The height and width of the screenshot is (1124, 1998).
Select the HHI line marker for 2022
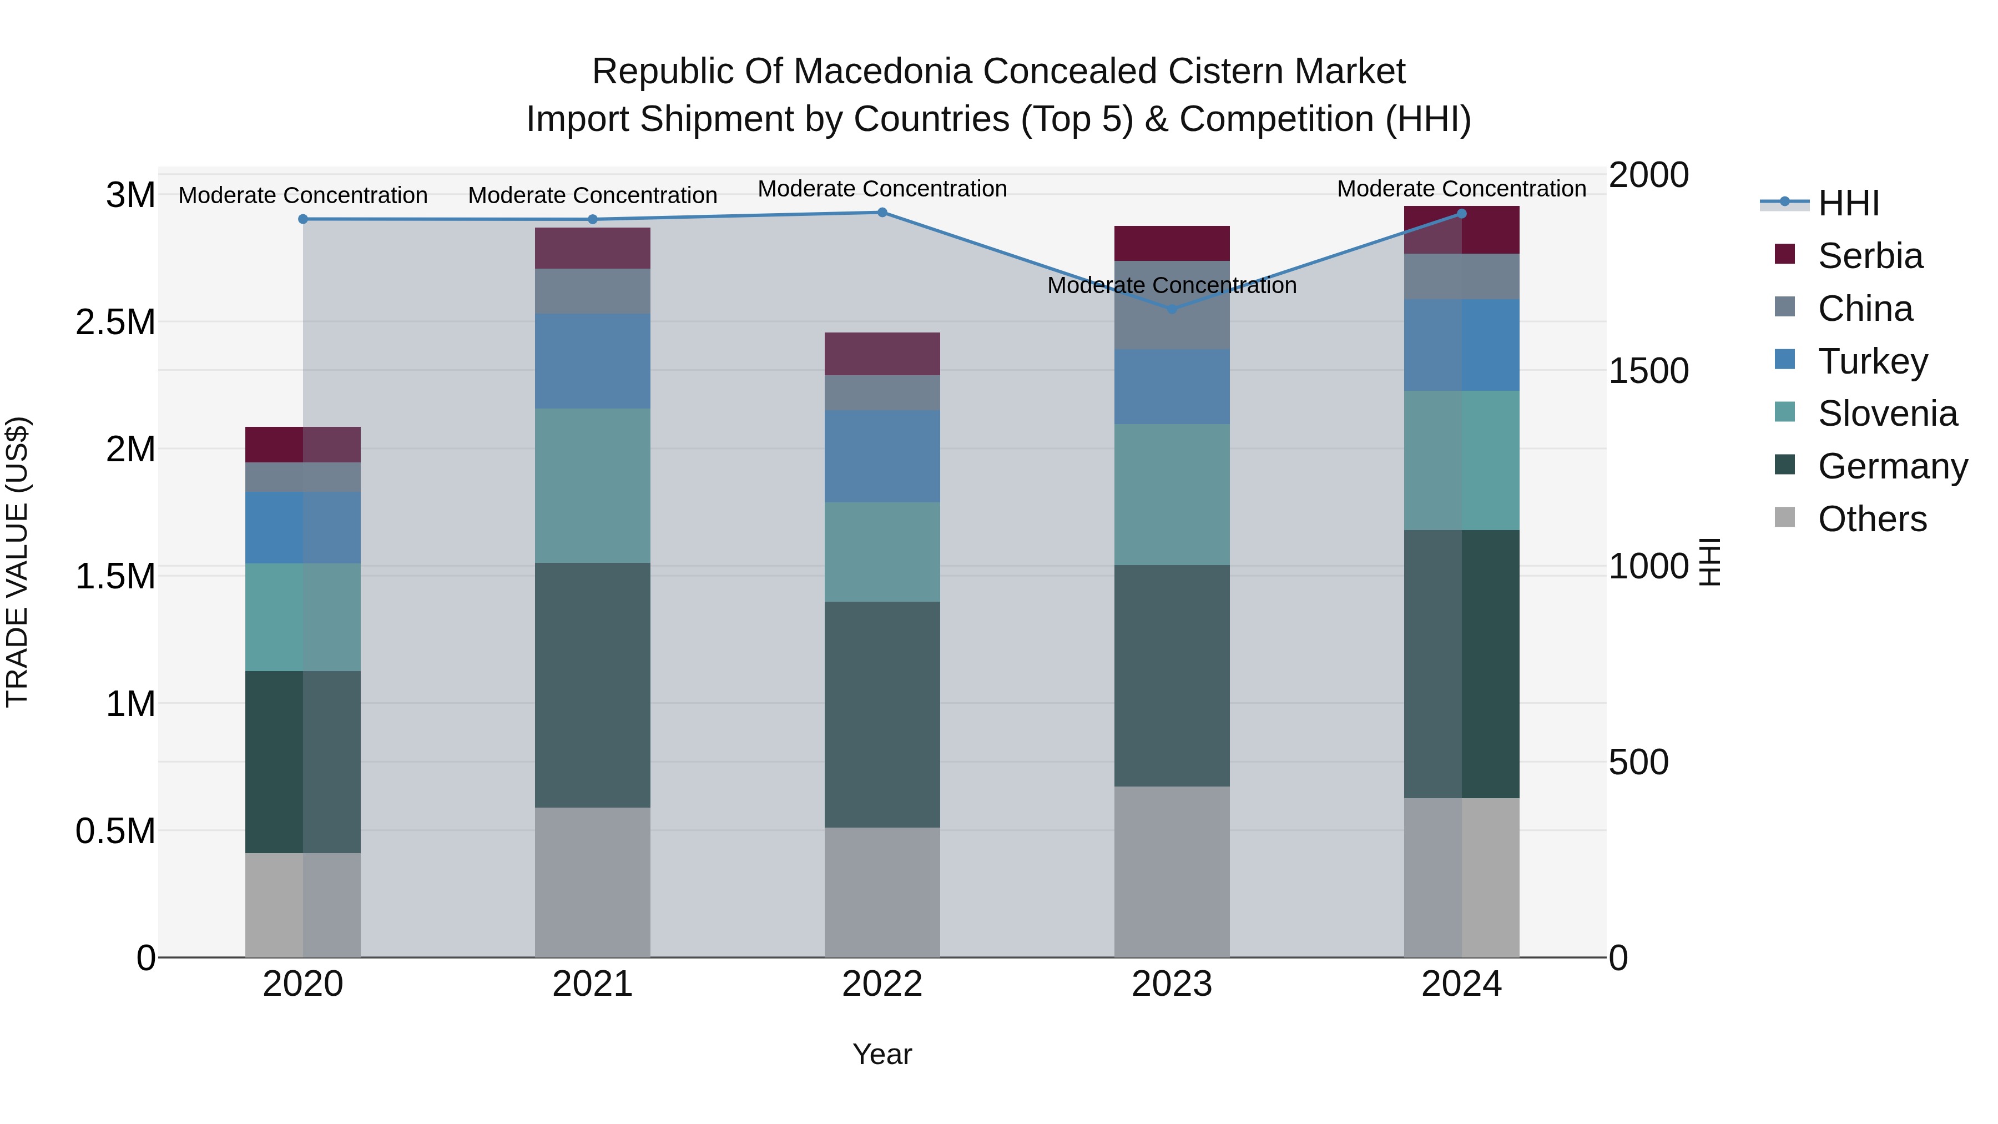tap(882, 213)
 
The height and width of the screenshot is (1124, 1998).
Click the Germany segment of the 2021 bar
tap(593, 685)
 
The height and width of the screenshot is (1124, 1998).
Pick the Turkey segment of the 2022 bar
tap(882, 456)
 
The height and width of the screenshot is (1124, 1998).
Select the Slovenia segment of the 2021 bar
tap(593, 486)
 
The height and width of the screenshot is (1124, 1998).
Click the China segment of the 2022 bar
tap(882, 392)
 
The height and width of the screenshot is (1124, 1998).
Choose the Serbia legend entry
tap(1870, 256)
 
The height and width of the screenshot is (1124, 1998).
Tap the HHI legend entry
tap(1848, 203)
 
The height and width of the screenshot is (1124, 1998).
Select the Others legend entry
tap(1871, 519)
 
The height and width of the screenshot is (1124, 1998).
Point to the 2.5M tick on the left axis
tap(115, 322)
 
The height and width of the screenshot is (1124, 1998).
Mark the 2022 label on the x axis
tap(882, 984)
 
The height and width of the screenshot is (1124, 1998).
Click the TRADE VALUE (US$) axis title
tap(17, 562)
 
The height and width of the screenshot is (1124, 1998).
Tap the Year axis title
tap(882, 1054)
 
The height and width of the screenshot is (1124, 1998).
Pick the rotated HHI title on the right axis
tap(1709, 562)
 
